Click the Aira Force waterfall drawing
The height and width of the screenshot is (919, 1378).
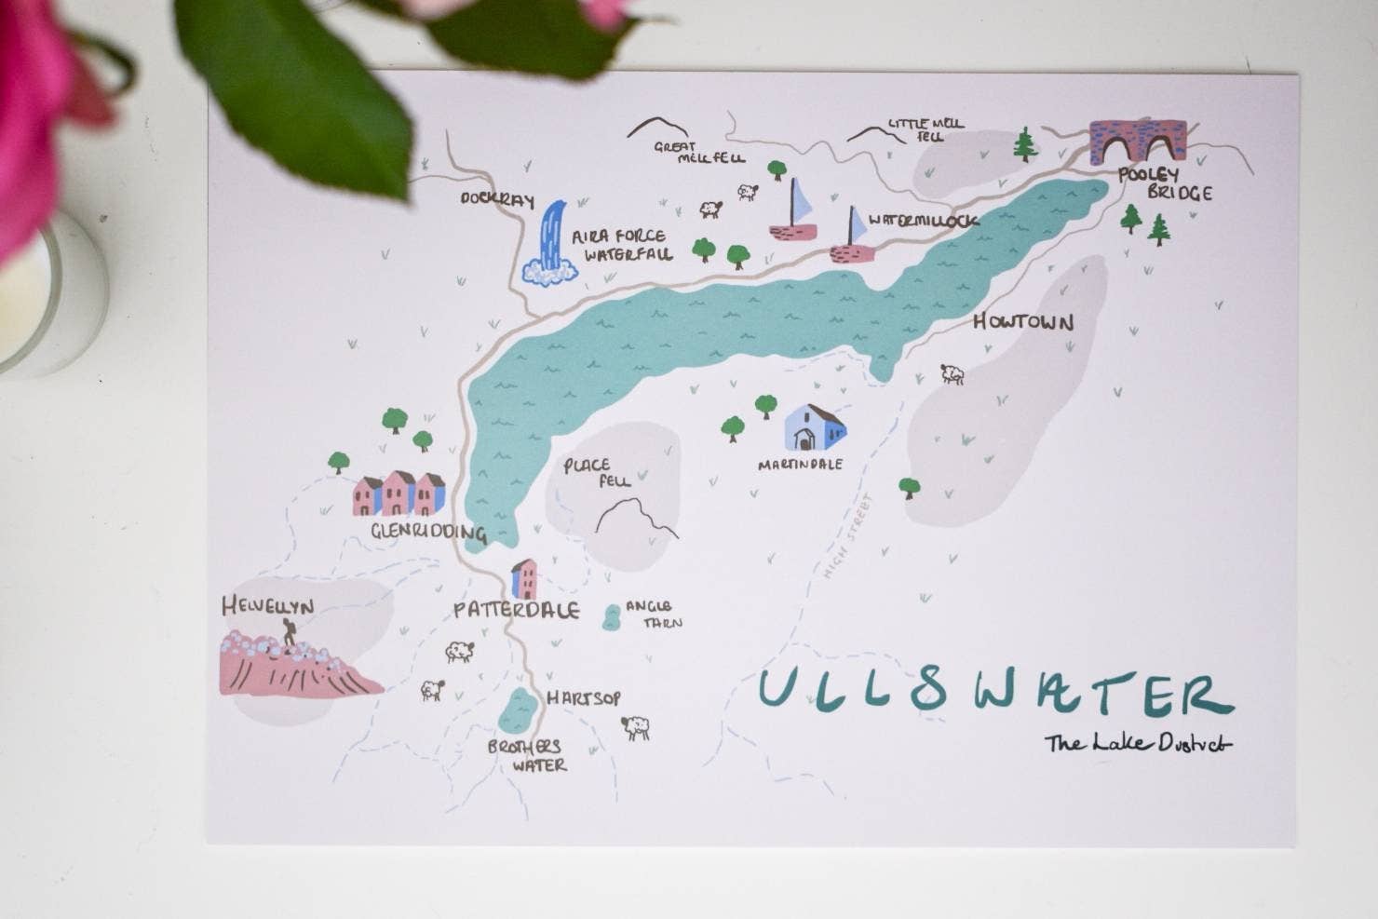coord(551,244)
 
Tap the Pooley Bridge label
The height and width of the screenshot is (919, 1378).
coord(1164,183)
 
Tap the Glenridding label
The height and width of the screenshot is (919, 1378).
coord(428,533)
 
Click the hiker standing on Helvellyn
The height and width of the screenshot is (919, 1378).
coord(290,634)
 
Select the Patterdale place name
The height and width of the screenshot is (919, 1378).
coord(516,611)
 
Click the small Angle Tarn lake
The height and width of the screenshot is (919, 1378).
coord(612,616)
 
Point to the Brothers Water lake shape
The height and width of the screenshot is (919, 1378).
coord(516,710)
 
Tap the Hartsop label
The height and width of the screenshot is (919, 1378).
coord(583,698)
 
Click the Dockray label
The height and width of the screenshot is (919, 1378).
coord(496,199)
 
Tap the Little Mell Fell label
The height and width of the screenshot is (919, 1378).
coord(924,128)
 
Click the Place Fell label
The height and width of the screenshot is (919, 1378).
coord(597,471)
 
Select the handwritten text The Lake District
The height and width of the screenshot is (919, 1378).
coord(1137,743)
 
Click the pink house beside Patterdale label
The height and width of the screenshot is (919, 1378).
coord(524,579)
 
